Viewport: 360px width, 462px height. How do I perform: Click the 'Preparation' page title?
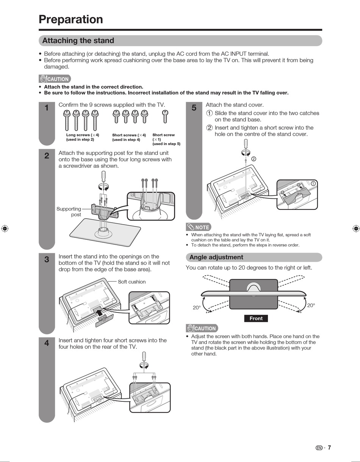[71, 19]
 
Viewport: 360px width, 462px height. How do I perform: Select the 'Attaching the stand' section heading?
[78, 41]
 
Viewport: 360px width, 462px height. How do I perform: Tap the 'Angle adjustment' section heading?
[216, 258]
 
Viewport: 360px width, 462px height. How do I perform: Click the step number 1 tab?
[47, 108]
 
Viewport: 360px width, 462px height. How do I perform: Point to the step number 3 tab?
[47, 260]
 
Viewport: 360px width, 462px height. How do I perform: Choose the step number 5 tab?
[194, 108]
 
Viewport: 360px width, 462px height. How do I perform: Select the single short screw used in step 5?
[165, 116]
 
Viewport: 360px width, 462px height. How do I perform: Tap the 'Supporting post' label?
[69, 212]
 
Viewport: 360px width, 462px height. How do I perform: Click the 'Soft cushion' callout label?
[131, 282]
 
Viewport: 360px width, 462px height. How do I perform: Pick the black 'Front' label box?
[256, 318]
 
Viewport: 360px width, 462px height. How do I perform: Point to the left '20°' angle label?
[196, 308]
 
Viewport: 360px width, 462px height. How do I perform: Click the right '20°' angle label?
[311, 306]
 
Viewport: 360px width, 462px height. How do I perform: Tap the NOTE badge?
[199, 227]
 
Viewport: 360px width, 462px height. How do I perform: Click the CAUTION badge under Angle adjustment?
[202, 328]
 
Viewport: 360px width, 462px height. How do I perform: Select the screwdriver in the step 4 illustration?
[144, 357]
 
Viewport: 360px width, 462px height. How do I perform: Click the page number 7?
[329, 448]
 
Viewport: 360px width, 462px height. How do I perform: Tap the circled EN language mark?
[319, 448]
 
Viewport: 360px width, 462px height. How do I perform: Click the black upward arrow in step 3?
[99, 312]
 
